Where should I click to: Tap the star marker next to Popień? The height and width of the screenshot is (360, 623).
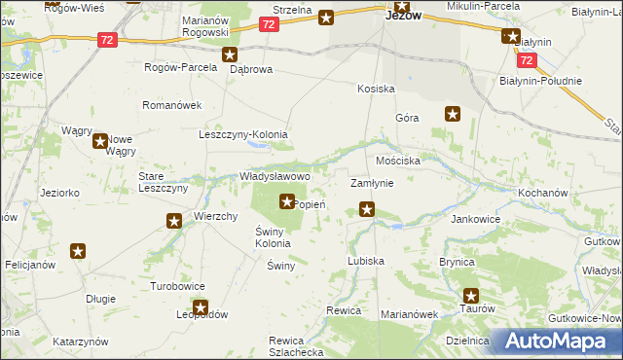point(287,202)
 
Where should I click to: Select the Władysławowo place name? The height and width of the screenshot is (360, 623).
point(275,176)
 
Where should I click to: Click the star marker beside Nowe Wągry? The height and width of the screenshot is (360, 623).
point(100,141)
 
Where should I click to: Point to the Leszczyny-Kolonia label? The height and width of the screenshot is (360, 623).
point(244,135)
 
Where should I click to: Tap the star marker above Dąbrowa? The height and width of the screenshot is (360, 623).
point(230,55)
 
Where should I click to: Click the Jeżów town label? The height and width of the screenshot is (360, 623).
point(403,16)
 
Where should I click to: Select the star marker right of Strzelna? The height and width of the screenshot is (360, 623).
point(326,17)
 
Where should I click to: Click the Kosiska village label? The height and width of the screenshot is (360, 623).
point(376,88)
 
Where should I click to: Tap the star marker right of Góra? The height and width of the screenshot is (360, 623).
point(453,115)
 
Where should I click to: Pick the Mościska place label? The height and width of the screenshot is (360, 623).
point(397,159)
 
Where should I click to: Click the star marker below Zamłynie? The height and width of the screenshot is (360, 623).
point(367,208)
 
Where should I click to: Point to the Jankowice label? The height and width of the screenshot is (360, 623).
point(475,219)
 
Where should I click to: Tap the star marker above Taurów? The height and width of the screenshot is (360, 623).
point(471,296)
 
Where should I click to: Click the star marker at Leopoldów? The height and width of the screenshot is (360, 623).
point(200,308)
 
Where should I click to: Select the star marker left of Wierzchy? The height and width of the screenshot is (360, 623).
point(174,222)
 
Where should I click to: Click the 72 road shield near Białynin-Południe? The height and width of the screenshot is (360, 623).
point(527,59)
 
